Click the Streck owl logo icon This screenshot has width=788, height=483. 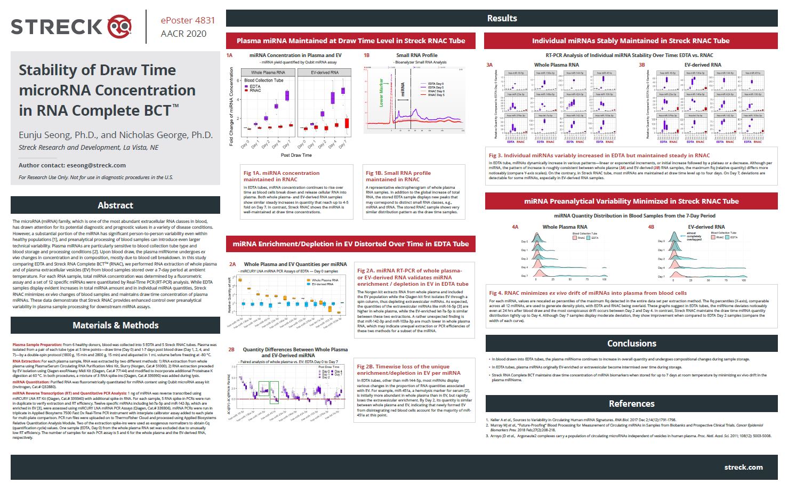point(120,27)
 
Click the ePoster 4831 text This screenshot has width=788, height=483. point(188,20)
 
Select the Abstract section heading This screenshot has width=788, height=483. point(115,205)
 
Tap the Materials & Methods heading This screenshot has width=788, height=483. point(115,325)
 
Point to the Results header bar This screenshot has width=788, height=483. point(502,18)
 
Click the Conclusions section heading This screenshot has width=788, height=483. point(631,343)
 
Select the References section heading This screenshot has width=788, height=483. point(631,404)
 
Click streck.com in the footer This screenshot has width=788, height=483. point(743,467)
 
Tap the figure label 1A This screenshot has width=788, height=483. point(229,55)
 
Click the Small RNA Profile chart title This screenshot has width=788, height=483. point(416,55)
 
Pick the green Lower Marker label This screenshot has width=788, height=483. point(381,93)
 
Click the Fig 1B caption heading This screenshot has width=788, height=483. point(398,176)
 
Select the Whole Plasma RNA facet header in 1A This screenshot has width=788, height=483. point(268,73)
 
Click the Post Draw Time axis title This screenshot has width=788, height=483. point(296,155)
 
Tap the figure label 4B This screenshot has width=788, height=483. point(650,227)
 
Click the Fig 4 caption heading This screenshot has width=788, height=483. point(588,293)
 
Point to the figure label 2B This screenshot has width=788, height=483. point(231,350)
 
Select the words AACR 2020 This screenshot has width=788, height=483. point(183,34)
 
